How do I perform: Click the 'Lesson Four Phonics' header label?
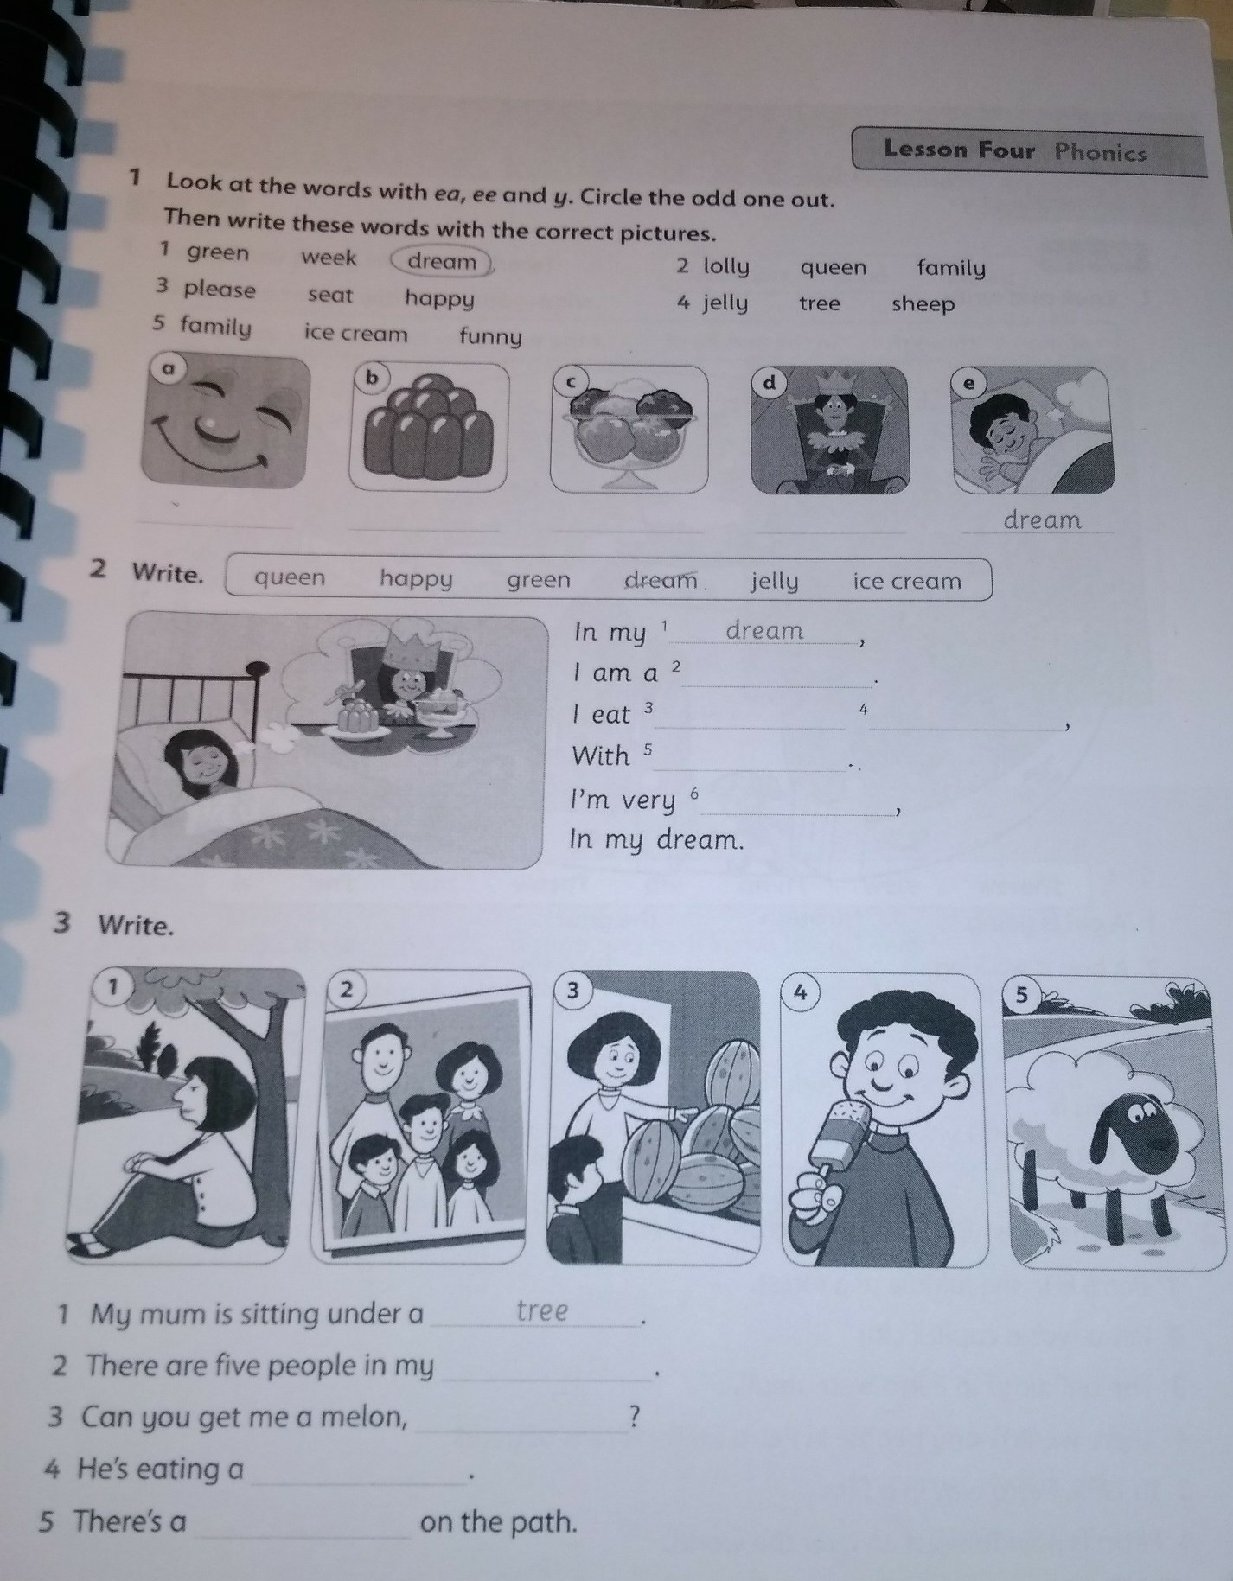1015,151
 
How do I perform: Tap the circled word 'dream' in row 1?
442,261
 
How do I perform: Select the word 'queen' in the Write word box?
290,577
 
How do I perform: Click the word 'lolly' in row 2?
726,266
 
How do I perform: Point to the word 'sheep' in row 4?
923,304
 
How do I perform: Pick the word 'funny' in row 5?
490,337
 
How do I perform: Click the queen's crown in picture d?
834,381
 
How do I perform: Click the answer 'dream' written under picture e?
1042,520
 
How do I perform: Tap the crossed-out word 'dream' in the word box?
661,580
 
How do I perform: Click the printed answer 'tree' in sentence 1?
542,1310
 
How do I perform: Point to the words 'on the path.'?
498,1521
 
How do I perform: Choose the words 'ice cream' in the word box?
907,581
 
